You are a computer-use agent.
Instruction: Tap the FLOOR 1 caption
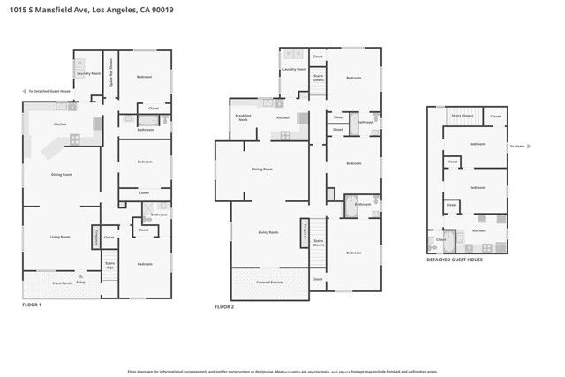coord(33,304)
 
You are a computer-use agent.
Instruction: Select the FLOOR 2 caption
coord(224,307)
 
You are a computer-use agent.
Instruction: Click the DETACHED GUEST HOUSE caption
coord(456,260)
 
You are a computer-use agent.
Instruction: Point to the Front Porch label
coord(61,283)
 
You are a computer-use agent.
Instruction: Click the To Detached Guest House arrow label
coord(49,90)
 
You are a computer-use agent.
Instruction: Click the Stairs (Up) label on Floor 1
coord(110,264)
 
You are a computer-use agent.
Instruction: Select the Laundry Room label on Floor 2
coord(294,69)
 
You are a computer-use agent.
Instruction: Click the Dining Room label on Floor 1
coord(61,175)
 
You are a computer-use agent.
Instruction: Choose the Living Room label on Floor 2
coord(268,232)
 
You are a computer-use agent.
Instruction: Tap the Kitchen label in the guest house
coord(478,230)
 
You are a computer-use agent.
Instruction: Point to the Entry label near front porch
coord(80,283)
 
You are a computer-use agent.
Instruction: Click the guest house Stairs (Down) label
coord(463,115)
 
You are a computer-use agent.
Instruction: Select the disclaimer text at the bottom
coord(282,372)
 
